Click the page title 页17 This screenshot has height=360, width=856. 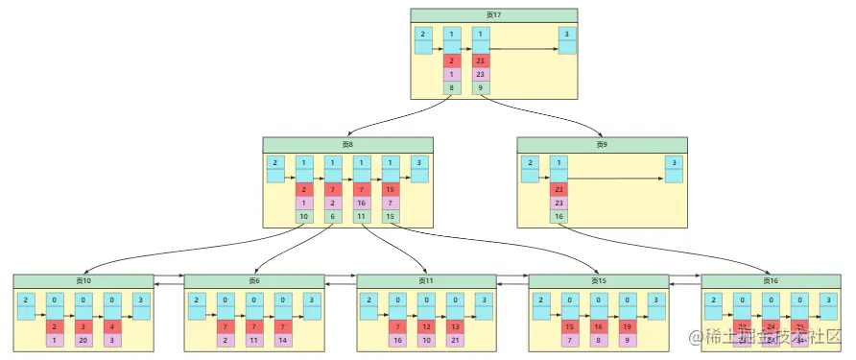point(493,14)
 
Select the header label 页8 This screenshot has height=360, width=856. point(347,144)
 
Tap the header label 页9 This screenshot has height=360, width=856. point(602,144)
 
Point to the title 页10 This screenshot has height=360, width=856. point(83,280)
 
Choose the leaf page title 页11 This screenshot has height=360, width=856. point(426,280)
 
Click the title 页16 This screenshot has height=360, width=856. point(771,280)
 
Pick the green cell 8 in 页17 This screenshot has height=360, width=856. point(451,88)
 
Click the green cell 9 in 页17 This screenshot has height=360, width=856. point(481,88)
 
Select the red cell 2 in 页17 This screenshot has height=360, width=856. point(451,60)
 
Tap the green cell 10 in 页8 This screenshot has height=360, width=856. point(304,217)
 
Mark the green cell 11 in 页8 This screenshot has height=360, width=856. point(362,217)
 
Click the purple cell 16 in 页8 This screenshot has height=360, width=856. point(362,203)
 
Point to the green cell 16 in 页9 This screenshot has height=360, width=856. point(559,217)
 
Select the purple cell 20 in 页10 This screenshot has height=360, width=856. point(83,341)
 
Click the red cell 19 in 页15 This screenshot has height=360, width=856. point(629,326)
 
